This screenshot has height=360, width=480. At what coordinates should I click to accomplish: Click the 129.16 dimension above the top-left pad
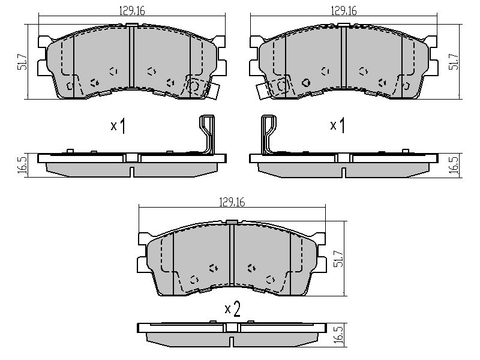tap(131, 11)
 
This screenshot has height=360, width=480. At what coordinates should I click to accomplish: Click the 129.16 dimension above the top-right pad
tap(344, 11)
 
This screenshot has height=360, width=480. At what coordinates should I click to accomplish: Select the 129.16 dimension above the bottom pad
tap(232, 202)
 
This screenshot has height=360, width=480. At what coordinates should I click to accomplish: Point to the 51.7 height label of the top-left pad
tap(22, 62)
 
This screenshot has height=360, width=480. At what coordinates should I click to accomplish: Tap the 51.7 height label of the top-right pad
tap(454, 62)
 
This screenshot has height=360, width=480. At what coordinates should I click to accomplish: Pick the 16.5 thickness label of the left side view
tap(23, 166)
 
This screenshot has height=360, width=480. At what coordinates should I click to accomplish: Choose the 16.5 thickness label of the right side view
tap(455, 166)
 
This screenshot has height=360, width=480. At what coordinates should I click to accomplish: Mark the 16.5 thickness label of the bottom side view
tap(339, 335)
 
